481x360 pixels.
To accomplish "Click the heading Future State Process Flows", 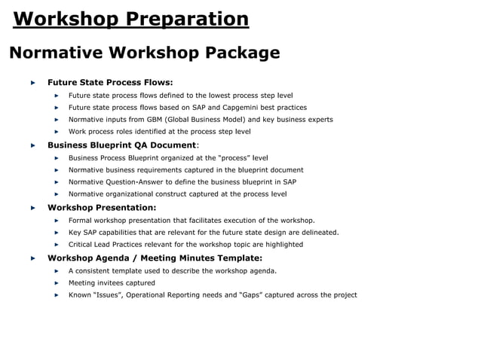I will coord(110,82).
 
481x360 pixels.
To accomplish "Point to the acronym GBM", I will coord(145,119).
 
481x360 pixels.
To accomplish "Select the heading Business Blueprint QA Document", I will coord(121,145).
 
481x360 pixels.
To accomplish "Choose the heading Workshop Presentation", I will coord(102,207).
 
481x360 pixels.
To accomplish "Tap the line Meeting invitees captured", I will coord(112,282).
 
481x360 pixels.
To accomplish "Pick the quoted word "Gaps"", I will coord(250,294).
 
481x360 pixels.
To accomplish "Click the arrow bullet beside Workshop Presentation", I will coord(32,207).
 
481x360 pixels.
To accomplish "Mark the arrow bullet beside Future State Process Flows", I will coord(32,82).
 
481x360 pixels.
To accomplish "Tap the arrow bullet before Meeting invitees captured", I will coord(57,282).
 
